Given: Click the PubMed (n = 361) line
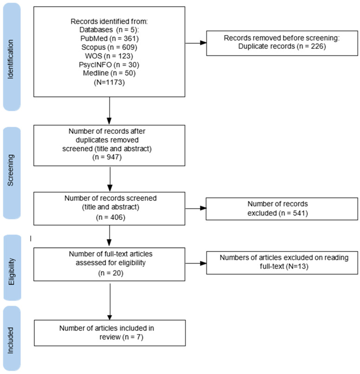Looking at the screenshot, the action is [x=109, y=39].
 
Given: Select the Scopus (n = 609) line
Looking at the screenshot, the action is [x=109, y=47].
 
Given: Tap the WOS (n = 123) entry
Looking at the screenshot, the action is [x=109, y=56].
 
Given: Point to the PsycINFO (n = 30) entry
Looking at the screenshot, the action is [x=109, y=65].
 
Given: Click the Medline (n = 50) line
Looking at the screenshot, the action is [x=109, y=73].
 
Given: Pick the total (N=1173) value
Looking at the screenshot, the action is [x=109, y=82].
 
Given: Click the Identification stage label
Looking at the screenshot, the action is [x=11, y=59].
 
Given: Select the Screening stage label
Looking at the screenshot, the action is [x=11, y=170].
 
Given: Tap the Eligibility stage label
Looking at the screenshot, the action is [x=12, y=271].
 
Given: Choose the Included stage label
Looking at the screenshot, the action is [x=11, y=340].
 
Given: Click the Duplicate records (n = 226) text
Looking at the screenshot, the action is [x=282, y=46].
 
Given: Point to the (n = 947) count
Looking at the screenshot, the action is [x=107, y=157].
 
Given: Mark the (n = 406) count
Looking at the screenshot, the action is [x=111, y=217].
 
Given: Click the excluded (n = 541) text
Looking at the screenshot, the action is [x=278, y=213].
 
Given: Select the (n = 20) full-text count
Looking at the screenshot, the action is [x=111, y=273].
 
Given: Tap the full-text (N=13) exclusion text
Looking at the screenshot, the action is [x=284, y=266].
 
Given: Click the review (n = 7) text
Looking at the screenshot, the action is [x=121, y=337].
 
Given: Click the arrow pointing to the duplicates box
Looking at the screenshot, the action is [x=196, y=43].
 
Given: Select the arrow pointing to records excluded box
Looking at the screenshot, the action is [x=196, y=208].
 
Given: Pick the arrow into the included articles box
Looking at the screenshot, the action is [x=110, y=302].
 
